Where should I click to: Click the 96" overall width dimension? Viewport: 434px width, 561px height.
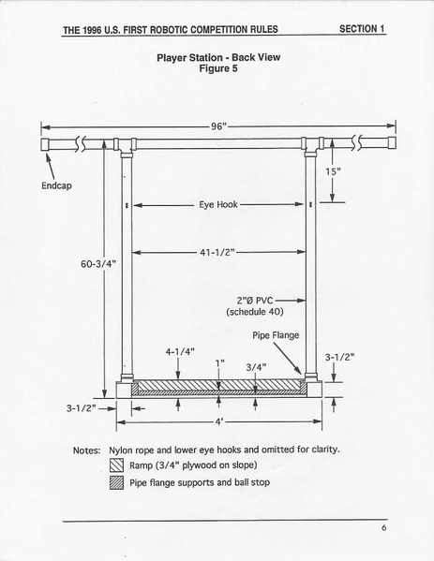[218, 126]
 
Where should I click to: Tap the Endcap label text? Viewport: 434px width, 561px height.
[56, 185]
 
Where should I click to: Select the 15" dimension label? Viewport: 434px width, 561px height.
[333, 171]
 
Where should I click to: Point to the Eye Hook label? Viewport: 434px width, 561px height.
[218, 204]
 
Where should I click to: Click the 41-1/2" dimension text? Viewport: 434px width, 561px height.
[217, 252]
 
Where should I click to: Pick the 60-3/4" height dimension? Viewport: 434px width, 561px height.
[98, 264]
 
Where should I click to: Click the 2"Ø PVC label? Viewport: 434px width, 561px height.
[255, 301]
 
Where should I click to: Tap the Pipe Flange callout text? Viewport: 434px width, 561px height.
[276, 335]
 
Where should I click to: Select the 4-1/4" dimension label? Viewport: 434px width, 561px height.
[180, 352]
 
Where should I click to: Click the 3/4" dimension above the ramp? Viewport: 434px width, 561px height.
[257, 367]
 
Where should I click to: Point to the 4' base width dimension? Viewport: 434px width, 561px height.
[218, 421]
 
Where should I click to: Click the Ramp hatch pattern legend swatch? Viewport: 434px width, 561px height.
[117, 465]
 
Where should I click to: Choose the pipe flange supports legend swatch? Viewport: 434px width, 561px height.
[117, 483]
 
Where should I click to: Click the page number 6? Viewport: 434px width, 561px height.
[384, 527]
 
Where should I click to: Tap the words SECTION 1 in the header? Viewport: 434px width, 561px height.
[362, 29]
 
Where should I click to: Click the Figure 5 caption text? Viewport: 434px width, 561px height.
[218, 68]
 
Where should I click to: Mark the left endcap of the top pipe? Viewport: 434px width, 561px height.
[45, 144]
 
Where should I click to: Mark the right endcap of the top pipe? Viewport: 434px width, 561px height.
[392, 142]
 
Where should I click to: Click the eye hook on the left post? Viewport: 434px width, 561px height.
[127, 205]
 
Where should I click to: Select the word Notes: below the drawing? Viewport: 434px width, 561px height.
[86, 450]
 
